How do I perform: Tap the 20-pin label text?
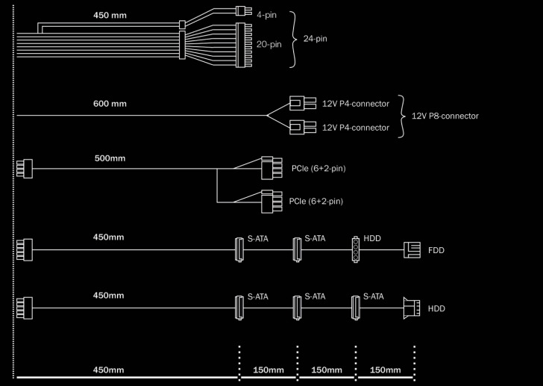tap(269, 45)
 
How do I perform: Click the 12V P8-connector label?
tap(445, 116)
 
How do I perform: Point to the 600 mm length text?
tap(110, 103)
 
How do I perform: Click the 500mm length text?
tap(110, 158)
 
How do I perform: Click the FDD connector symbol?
tap(412, 249)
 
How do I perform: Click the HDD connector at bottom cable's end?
tap(410, 307)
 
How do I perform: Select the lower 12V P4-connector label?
tap(356, 128)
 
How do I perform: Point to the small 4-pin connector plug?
tap(240, 11)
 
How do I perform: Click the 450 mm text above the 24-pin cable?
tap(110, 15)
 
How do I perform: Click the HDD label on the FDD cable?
tap(372, 238)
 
